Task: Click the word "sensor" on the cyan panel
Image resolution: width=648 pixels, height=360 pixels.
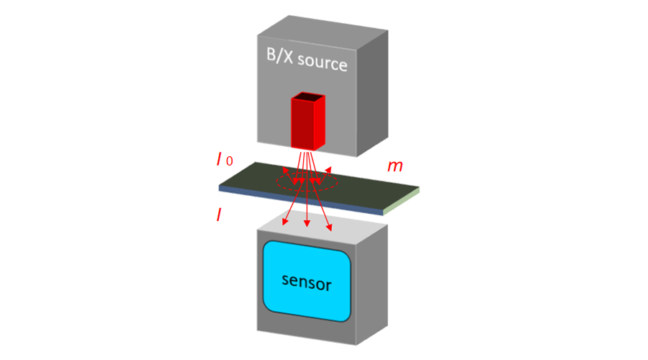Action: [x=307, y=283]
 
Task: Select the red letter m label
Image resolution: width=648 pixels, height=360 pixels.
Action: [x=395, y=166]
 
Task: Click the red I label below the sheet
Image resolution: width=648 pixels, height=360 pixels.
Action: [x=218, y=215]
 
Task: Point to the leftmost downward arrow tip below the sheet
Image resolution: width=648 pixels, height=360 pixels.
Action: [x=285, y=224]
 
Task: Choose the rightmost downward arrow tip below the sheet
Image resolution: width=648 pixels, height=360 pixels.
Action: [x=331, y=230]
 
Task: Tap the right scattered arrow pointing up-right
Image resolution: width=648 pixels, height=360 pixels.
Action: [x=332, y=169]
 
